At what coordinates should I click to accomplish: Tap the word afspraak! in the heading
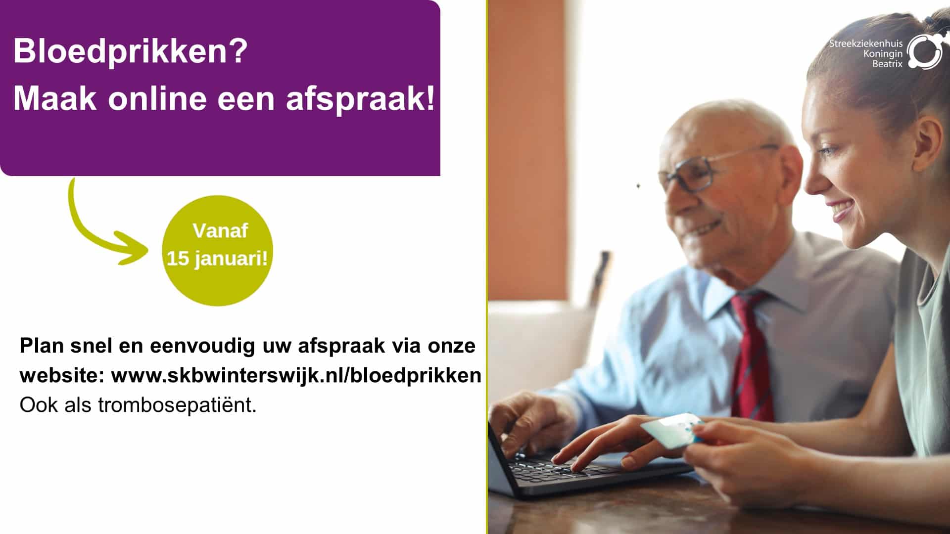tap(361, 98)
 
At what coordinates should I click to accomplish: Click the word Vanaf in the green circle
tap(220, 231)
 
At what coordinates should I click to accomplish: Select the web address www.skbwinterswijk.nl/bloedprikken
tap(296, 376)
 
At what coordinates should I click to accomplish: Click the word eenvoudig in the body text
tap(202, 346)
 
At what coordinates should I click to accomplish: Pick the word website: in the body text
tap(62, 376)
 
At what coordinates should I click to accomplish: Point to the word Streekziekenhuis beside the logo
tap(865, 44)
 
